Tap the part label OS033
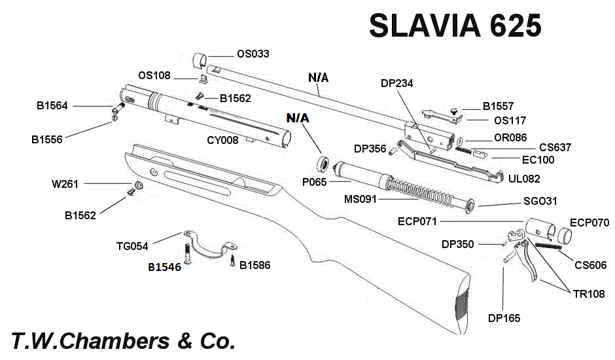click(x=253, y=54)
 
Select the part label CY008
click(x=222, y=139)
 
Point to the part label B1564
click(x=52, y=105)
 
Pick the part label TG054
click(x=132, y=247)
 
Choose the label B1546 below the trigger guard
click(x=164, y=267)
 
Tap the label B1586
click(x=255, y=265)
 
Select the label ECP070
click(x=589, y=223)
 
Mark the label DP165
click(x=504, y=318)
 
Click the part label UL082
click(x=524, y=178)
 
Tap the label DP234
click(x=396, y=83)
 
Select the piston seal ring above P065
click(x=322, y=162)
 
